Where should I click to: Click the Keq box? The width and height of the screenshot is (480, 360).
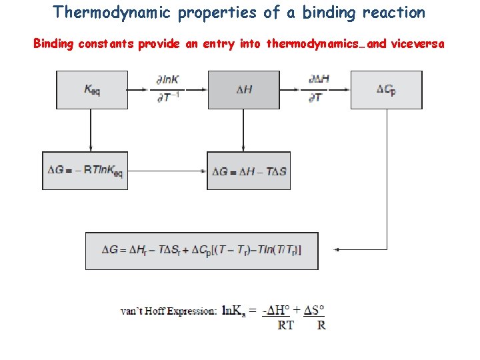pyautogui.click(x=92, y=89)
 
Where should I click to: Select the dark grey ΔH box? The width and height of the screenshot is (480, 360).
pyautogui.click(x=244, y=89)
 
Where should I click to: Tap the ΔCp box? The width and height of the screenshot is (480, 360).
pyautogui.click(x=386, y=89)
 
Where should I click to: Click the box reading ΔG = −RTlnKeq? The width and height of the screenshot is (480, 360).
pyautogui.click(x=83, y=171)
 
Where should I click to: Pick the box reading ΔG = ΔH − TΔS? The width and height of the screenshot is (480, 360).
pyautogui.click(x=249, y=171)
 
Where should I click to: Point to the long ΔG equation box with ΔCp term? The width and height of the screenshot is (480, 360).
pyautogui.click(x=202, y=250)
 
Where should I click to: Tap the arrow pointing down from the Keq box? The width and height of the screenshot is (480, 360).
pyautogui.click(x=90, y=130)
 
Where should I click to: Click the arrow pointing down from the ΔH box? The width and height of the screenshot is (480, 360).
pyautogui.click(x=243, y=130)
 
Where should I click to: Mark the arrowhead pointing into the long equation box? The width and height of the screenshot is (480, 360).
pyautogui.click(x=337, y=250)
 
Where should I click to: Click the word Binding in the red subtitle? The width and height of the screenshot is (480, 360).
pyautogui.click(x=55, y=44)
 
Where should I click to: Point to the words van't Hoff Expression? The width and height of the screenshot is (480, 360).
pyautogui.click(x=168, y=311)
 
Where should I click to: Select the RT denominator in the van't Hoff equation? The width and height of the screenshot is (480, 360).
pyautogui.click(x=285, y=325)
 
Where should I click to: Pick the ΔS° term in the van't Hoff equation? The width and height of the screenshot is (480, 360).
pyautogui.click(x=313, y=310)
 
